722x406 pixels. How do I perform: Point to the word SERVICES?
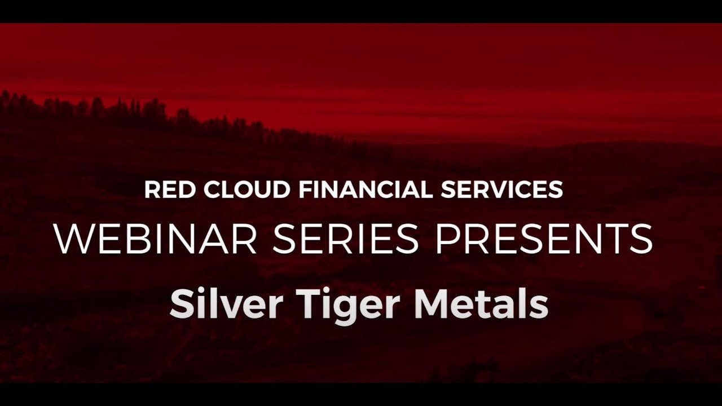(501, 190)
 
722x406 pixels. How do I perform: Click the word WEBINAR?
(156, 239)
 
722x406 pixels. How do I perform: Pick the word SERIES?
(345, 239)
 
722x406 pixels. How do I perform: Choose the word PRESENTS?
(544, 239)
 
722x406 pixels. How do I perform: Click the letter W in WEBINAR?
(71, 239)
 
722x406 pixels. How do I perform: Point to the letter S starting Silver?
(180, 304)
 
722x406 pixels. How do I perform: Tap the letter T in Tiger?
(309, 304)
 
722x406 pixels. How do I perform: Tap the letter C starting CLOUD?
(212, 190)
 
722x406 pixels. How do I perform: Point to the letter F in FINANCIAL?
(304, 190)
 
